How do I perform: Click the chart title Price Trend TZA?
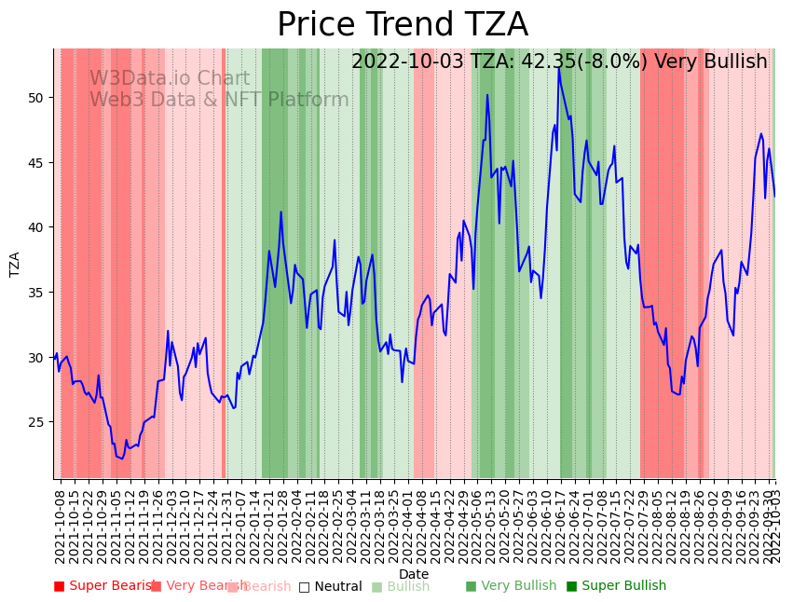(x=402, y=25)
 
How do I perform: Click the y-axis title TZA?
(x=15, y=264)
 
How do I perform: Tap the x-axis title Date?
(x=414, y=574)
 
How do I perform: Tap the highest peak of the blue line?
(x=559, y=69)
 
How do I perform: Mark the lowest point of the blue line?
(x=122, y=458)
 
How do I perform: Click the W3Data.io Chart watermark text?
(x=170, y=79)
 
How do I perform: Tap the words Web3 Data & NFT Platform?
(x=219, y=100)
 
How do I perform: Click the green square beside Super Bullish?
(x=572, y=586)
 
